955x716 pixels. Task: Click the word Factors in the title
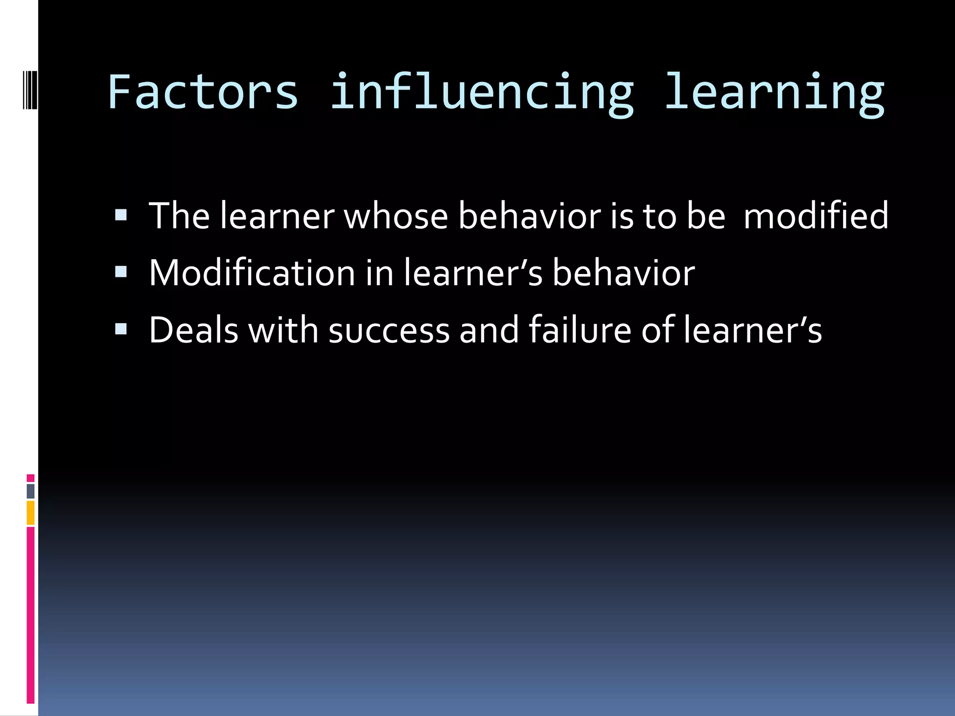tap(203, 92)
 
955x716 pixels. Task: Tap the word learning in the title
tap(774, 93)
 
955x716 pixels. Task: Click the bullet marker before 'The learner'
tap(121, 215)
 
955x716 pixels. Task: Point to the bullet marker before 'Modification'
tap(121, 272)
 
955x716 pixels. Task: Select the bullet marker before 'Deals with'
tap(121, 329)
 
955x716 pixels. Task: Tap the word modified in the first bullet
tap(816, 216)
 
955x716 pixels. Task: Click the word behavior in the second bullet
tap(623, 273)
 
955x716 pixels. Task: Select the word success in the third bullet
tap(389, 330)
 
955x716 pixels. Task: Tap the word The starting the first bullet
tap(179, 216)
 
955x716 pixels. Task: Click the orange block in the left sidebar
tap(31, 512)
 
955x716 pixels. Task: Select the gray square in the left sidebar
tap(31, 491)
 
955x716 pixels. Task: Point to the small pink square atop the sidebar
tap(31, 478)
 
